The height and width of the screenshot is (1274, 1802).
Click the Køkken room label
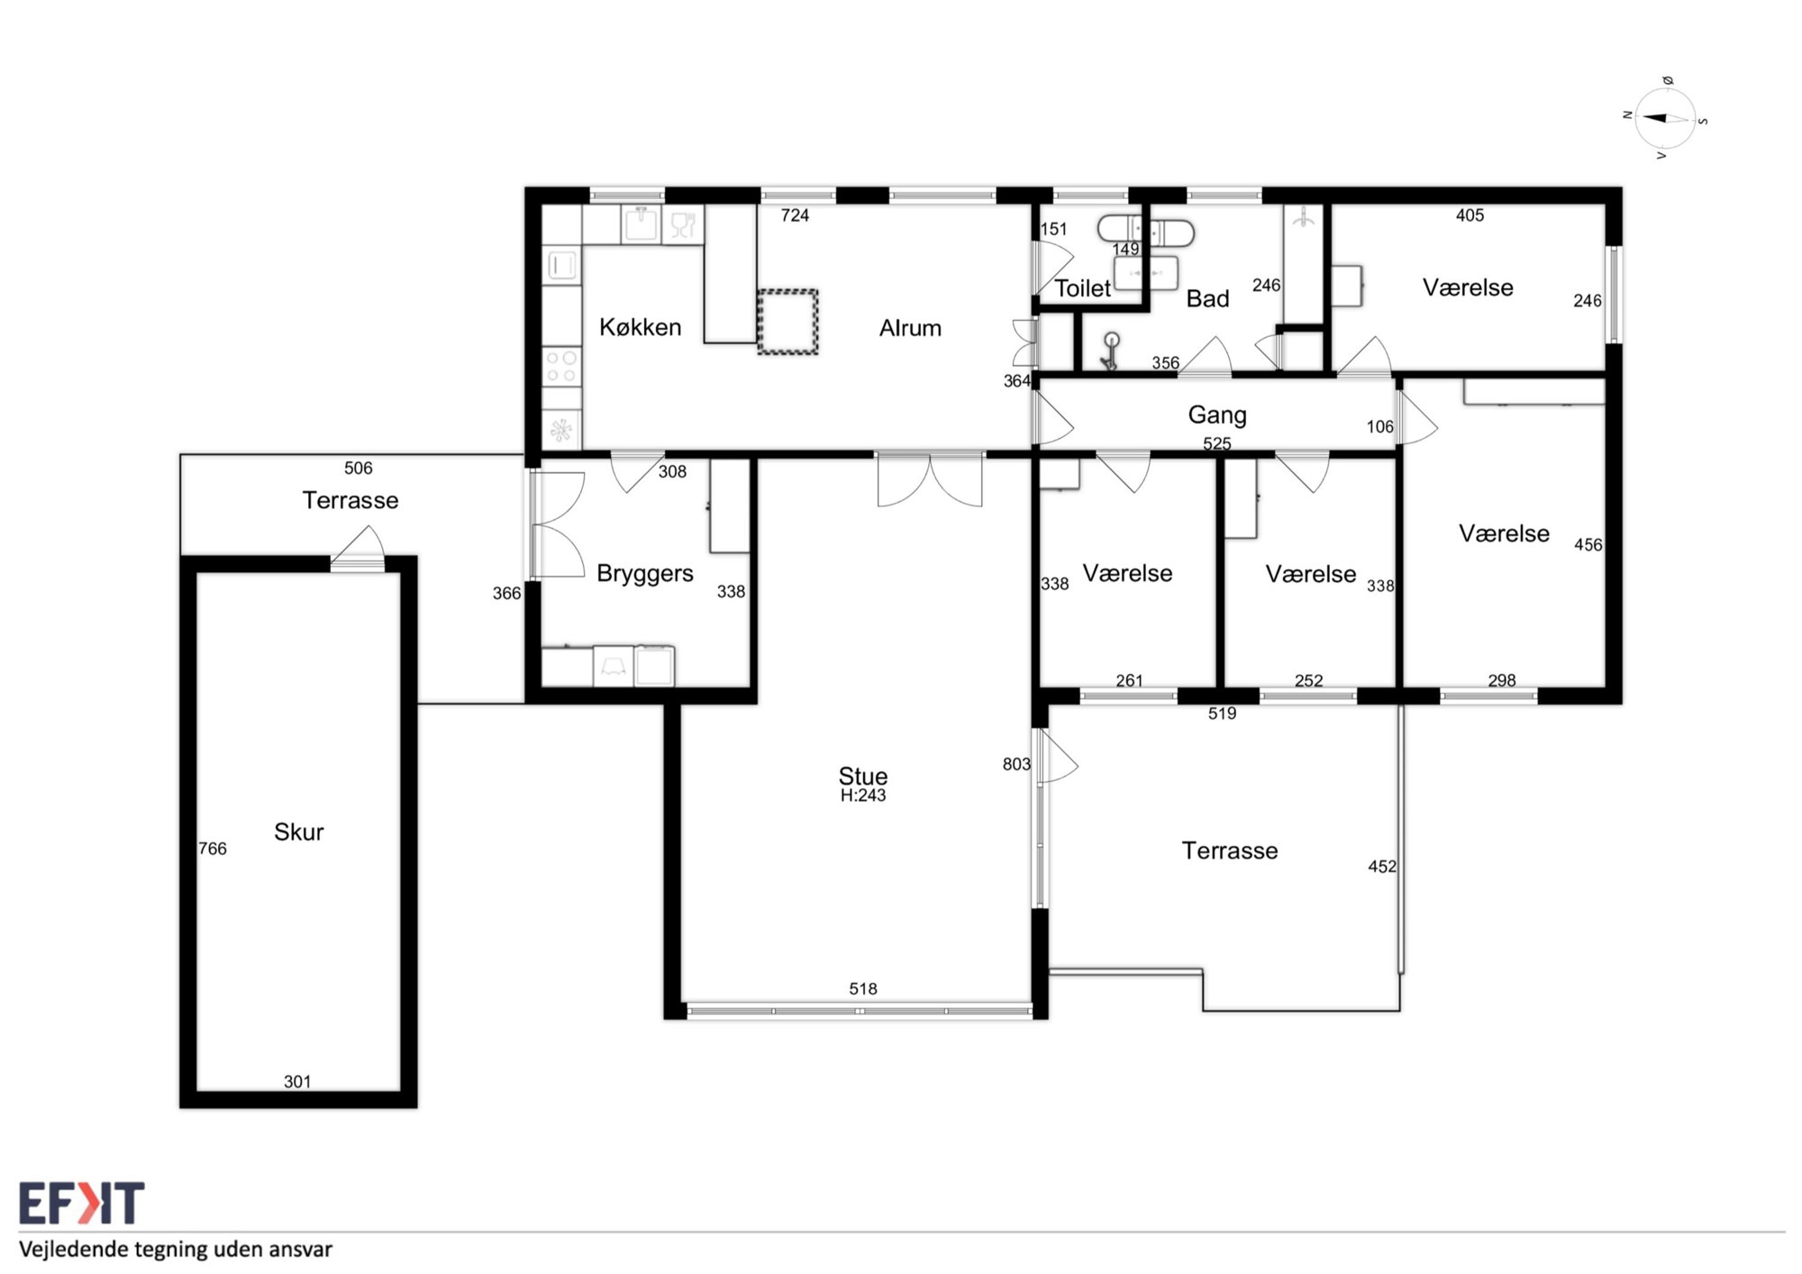640,327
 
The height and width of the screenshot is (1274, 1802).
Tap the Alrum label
910,328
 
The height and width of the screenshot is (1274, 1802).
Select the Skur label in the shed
298,832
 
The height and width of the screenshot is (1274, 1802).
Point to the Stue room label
863,776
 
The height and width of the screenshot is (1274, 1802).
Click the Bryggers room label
645,574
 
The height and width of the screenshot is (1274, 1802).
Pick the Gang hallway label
1217,415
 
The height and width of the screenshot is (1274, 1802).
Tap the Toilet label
1082,288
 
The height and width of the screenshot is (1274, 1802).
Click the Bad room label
1207,298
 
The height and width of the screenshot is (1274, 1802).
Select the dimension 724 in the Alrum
795,215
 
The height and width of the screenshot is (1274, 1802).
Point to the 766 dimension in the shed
213,849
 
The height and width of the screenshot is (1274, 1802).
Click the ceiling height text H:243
863,796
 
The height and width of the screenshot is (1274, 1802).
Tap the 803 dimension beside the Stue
1016,764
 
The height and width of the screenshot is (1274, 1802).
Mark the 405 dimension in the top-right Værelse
1470,215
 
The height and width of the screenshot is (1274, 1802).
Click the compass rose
1665,118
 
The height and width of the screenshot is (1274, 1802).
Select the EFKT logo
81,1203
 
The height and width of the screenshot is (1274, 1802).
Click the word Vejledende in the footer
75,1250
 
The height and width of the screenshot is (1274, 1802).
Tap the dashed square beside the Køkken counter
787,322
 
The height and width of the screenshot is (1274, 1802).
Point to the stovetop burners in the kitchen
562,368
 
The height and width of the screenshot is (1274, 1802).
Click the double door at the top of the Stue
930,478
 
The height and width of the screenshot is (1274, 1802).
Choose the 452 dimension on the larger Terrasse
1382,867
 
